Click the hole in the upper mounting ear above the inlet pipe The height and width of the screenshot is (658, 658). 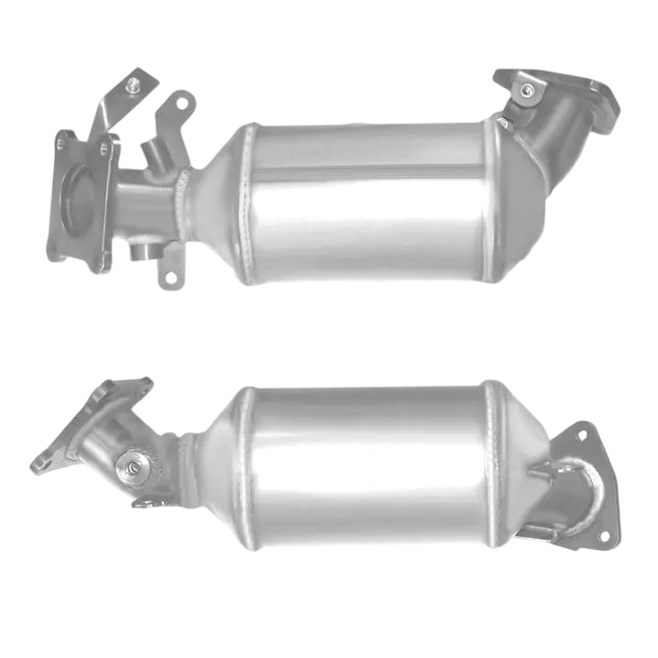tap(181, 104)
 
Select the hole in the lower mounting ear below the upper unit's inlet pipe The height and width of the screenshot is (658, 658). tap(170, 273)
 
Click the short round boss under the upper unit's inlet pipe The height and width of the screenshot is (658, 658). tap(144, 250)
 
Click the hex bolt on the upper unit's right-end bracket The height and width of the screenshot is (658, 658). tap(527, 90)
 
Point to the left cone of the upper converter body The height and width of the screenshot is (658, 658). tap(220, 203)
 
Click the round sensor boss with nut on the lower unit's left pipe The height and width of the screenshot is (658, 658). tap(134, 468)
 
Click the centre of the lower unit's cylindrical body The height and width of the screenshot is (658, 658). tap(371, 467)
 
